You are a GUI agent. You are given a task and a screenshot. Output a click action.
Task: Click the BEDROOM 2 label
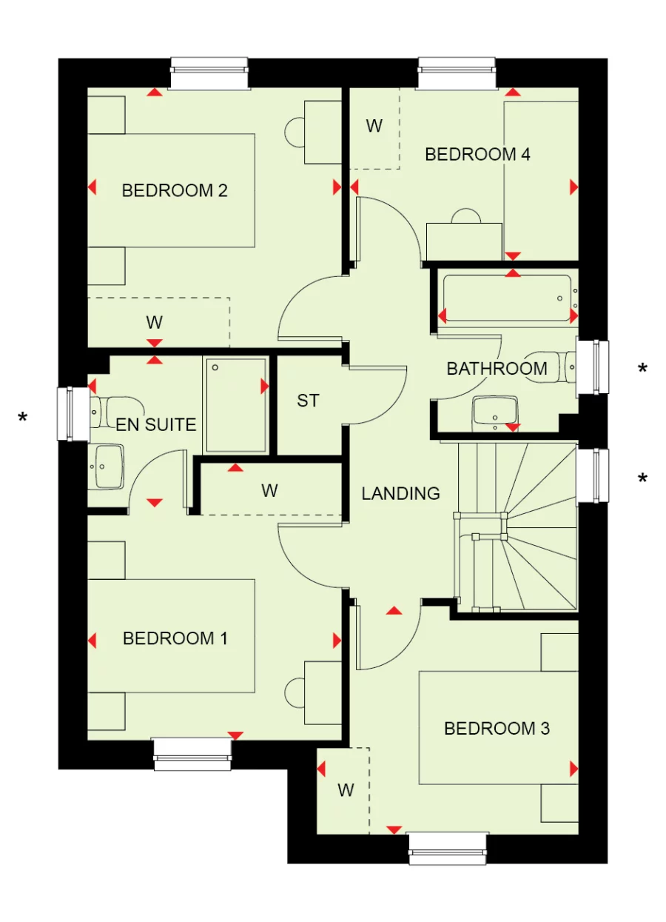pos(175,191)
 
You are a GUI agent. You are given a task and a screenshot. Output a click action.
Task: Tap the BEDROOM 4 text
pos(477,155)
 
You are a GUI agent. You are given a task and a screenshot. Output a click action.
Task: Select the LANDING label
pos(400,493)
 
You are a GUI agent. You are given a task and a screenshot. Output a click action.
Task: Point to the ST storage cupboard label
pos(308,401)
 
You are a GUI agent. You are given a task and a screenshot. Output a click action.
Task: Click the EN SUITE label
pos(156,425)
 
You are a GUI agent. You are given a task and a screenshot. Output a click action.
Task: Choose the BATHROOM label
pos(497,368)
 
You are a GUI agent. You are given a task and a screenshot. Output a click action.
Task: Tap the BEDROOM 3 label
pos(497,729)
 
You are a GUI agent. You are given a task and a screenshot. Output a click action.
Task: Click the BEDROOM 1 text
pos(175,638)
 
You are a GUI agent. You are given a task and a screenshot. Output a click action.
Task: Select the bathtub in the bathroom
pos(508,298)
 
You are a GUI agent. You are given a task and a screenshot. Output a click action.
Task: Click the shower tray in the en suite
pos(235,405)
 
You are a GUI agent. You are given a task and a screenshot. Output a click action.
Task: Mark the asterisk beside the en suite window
pos(23,420)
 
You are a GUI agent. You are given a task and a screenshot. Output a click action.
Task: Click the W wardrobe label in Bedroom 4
pos(374,126)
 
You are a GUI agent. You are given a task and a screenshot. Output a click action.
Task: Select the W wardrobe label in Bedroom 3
pos(346,790)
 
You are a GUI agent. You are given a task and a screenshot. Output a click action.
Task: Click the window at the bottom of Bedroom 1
pos(192,753)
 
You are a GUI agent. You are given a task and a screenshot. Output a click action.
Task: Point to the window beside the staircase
pos(593,475)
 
